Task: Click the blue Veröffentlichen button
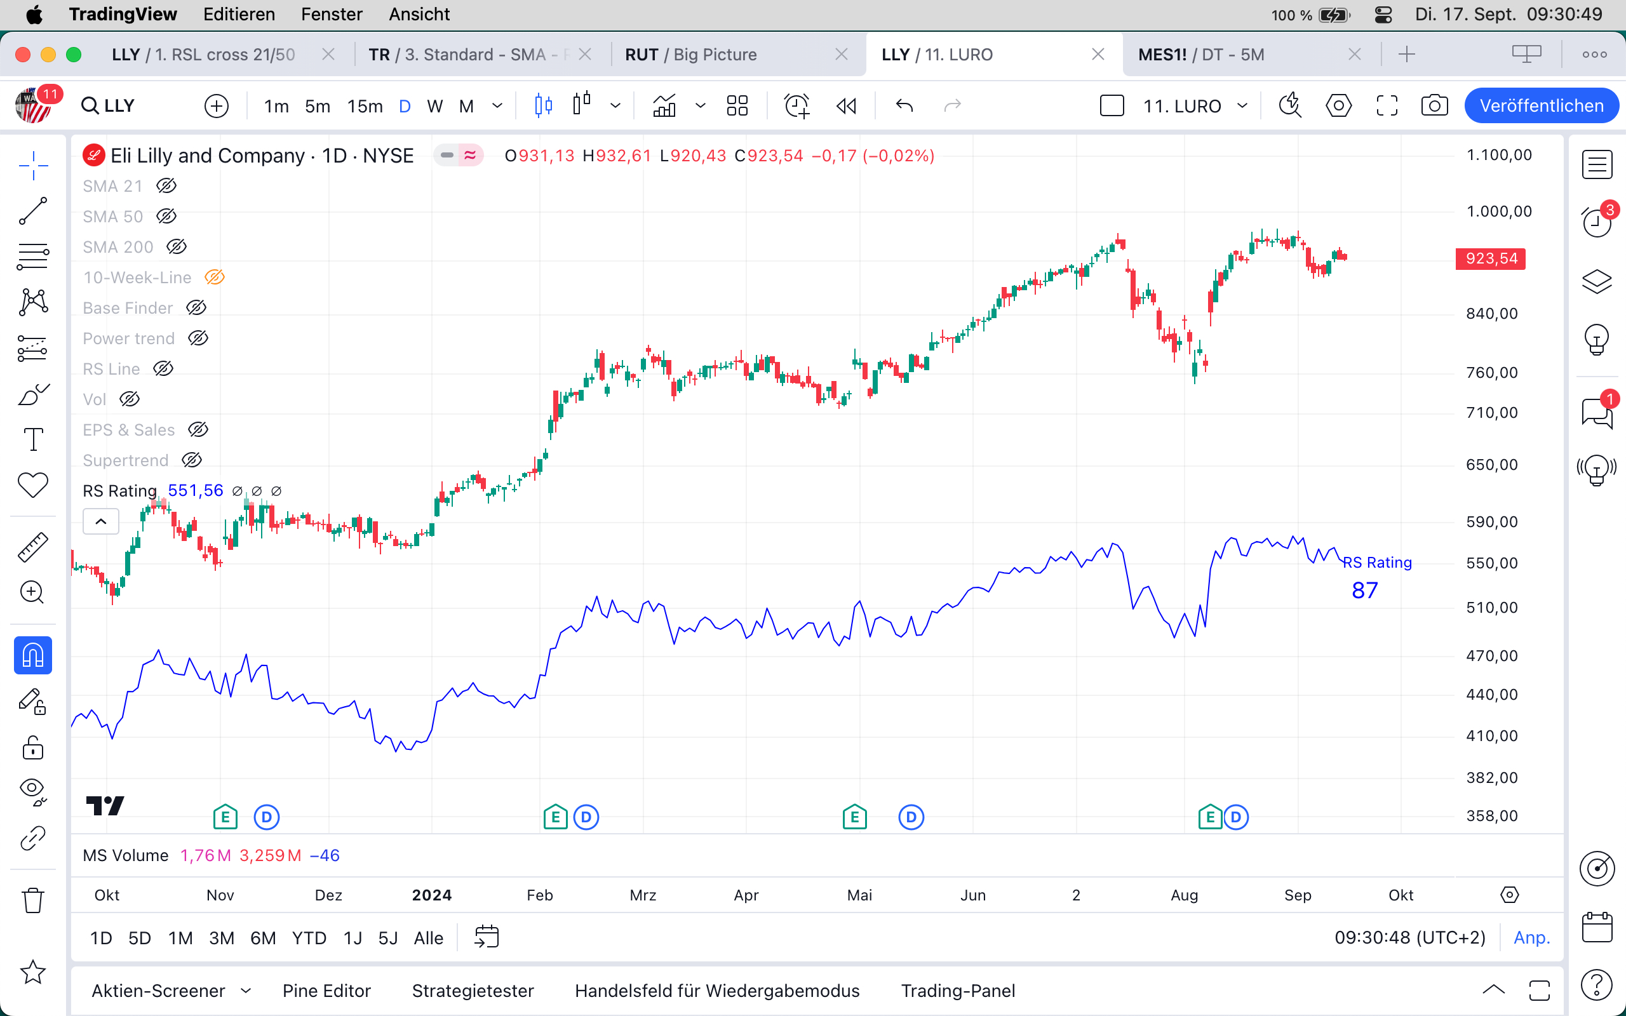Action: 1541,105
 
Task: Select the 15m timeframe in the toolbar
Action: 365,106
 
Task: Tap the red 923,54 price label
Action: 1490,258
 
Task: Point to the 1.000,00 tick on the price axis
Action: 1499,211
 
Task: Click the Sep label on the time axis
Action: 1298,895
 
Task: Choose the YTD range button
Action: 309,938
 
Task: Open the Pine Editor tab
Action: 326,991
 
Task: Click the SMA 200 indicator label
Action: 118,247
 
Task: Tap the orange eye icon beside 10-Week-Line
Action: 214,277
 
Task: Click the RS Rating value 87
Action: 1364,591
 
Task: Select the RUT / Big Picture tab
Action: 690,55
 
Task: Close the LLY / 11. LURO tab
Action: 1098,55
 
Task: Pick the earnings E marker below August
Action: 1210,817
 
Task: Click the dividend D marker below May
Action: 911,817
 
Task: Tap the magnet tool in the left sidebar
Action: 33,655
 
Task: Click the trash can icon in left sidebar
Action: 33,900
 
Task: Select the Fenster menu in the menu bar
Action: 332,14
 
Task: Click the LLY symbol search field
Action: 119,106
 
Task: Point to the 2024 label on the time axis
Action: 431,895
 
